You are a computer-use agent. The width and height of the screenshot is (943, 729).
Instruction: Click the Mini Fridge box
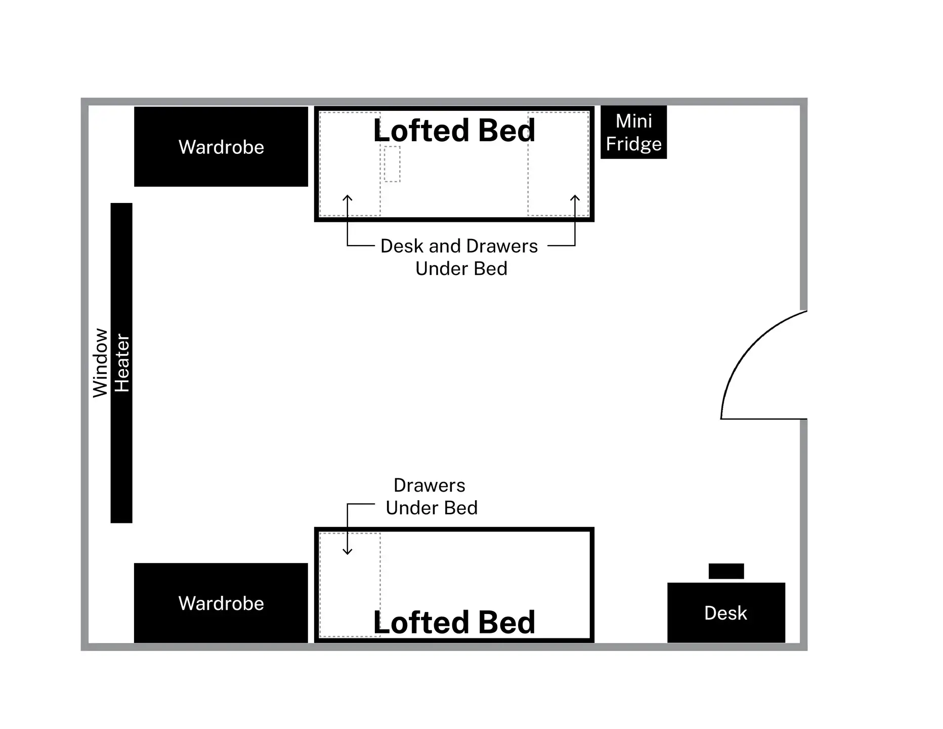633,132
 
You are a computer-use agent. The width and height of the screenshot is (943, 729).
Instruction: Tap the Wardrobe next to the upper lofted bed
221,147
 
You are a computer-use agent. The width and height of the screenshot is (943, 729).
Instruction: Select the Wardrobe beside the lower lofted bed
221,603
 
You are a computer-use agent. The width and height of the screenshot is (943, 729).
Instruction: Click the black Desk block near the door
726,613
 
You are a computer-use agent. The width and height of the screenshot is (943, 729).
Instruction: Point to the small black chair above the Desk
726,571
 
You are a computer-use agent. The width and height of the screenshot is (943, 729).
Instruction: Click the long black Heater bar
121,456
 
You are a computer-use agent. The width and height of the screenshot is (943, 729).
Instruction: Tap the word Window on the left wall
100,362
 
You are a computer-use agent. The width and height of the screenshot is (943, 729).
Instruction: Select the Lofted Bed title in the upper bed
454,131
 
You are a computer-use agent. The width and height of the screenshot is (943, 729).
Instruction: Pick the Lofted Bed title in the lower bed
454,622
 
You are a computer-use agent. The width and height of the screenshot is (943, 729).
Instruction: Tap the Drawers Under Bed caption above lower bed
431,497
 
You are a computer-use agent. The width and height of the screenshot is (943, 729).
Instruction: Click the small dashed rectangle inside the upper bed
392,164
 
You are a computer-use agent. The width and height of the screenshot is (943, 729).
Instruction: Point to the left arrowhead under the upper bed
348,198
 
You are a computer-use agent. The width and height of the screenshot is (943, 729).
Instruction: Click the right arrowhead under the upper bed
575,198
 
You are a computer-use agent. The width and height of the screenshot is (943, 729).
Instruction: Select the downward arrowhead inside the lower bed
348,551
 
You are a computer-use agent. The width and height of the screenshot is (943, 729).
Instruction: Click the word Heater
122,362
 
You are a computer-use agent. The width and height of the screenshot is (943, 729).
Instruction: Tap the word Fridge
633,144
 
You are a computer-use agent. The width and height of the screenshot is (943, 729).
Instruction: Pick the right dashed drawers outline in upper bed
558,164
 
